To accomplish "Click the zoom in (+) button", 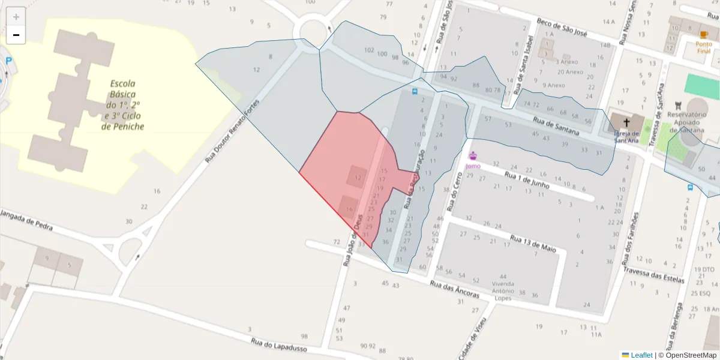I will click(x=16, y=17).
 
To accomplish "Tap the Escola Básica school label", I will click(x=122, y=105).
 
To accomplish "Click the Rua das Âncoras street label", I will click(x=455, y=290).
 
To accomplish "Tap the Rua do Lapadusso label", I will click(x=278, y=347).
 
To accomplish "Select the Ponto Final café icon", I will click(x=704, y=35).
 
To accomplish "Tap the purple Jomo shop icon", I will click(x=473, y=156).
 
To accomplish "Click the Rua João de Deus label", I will click(x=353, y=240).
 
